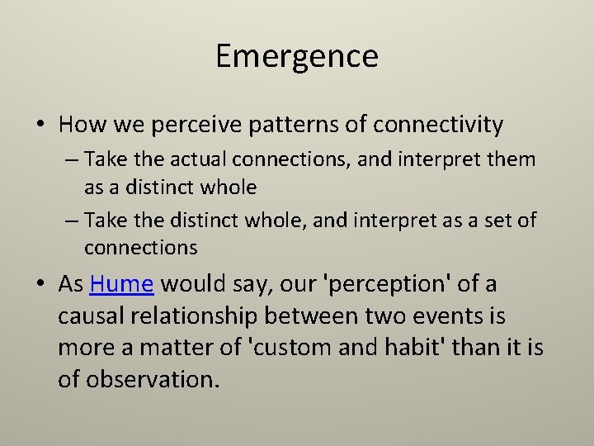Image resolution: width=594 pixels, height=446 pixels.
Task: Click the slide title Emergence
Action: point(297,56)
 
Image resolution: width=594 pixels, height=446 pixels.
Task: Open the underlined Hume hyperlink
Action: point(122,284)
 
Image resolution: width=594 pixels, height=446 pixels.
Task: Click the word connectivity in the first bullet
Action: point(438,125)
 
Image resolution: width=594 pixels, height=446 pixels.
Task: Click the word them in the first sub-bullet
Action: point(511,159)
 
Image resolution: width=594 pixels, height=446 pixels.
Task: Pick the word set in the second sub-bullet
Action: point(497,220)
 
